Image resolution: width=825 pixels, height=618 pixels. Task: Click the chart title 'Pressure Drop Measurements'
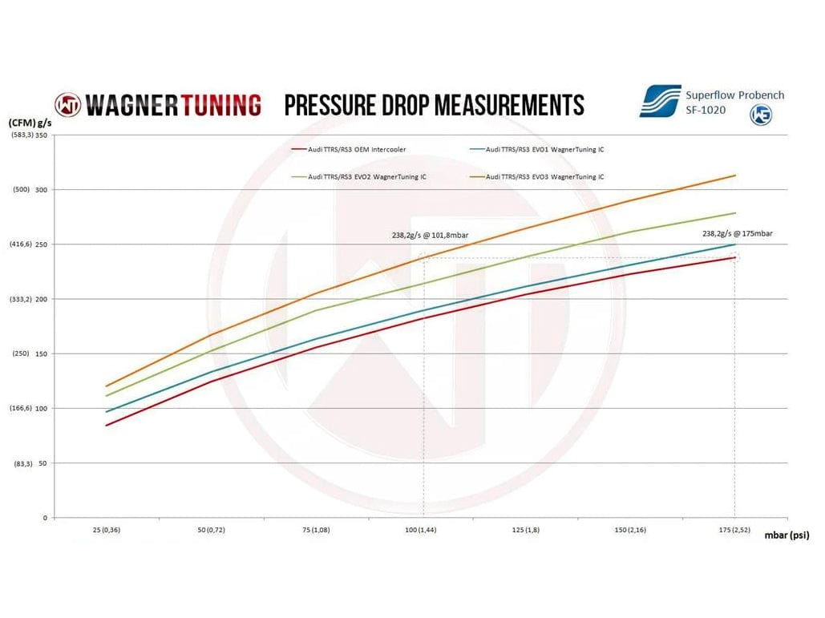[434, 105]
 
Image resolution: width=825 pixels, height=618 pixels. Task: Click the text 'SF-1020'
[705, 110]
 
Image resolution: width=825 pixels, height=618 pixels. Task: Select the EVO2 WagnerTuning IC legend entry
[361, 176]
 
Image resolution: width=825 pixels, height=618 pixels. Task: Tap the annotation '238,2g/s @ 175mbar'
[738, 233]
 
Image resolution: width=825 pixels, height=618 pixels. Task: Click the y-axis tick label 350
[42, 135]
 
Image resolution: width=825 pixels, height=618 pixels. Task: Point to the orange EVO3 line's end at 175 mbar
[735, 176]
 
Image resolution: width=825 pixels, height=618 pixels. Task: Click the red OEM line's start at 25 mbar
[107, 425]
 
